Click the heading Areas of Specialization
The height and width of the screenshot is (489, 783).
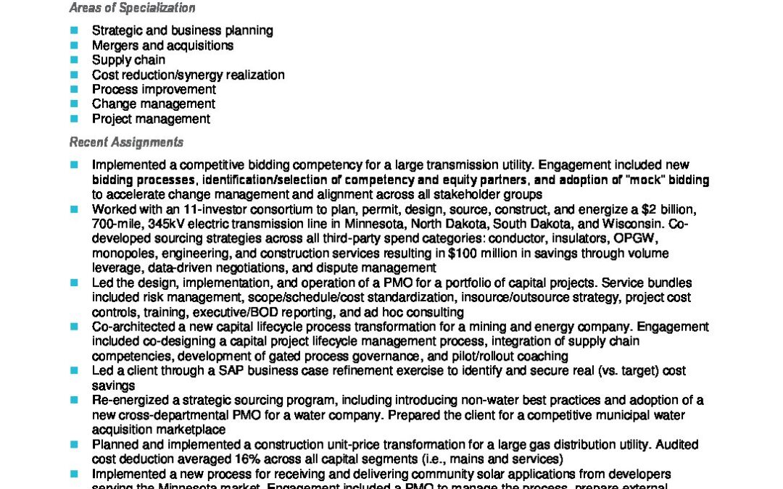[132, 9]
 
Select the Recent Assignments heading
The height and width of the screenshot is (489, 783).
[126, 142]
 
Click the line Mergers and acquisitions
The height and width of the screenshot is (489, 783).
[162, 46]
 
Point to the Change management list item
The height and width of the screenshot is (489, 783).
[153, 104]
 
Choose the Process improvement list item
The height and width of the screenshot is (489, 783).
[154, 90]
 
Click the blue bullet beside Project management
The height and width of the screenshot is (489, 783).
[74, 119]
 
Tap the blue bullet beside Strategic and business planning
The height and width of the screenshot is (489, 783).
[74, 30]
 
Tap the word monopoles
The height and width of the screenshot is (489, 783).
[121, 254]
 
